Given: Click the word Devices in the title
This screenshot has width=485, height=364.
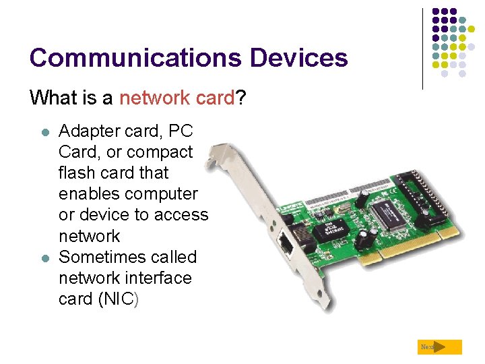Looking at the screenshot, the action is pos(299,58).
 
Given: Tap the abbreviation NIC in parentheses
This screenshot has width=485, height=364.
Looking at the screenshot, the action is pos(115,299).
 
